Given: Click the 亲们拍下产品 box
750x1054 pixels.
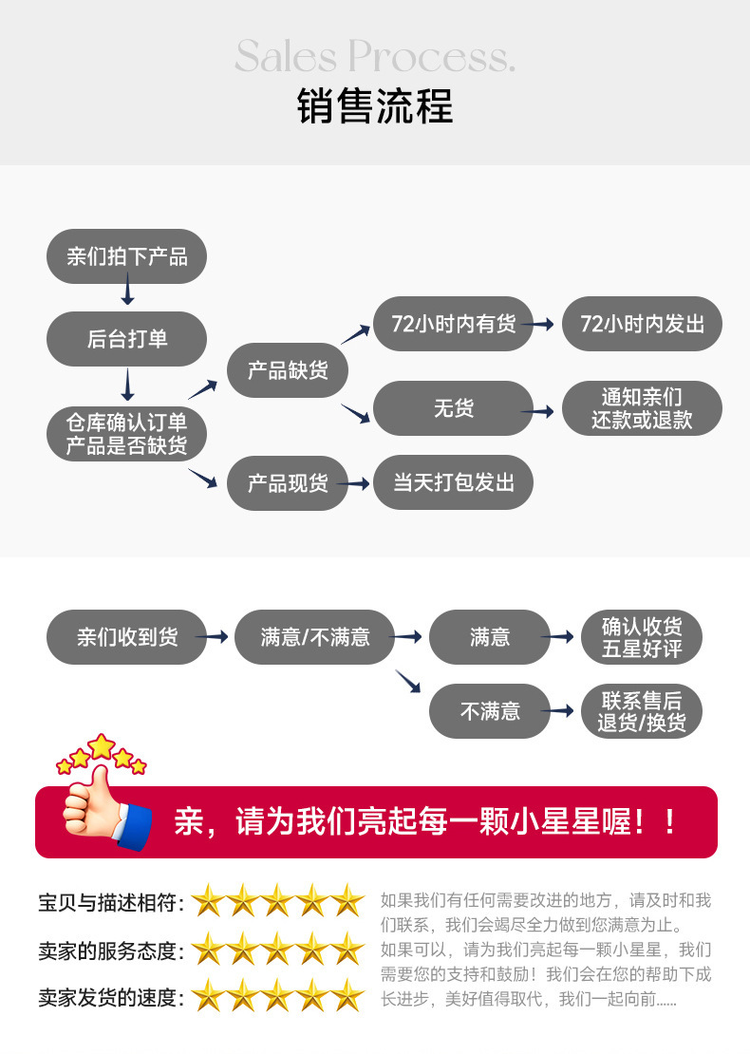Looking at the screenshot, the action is coord(126,256).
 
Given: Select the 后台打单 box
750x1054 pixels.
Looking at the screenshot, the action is coord(126,339).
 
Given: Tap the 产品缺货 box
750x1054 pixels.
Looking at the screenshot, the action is coord(287,370).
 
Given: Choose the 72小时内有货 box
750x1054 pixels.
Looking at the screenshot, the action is coord(453,324).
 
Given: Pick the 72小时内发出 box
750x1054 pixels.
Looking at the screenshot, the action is coord(642,324).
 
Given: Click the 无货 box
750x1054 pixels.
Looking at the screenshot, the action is coord(453,408).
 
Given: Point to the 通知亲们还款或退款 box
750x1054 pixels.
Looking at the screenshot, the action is coord(642,408).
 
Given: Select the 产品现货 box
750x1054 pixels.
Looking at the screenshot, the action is coord(287,483).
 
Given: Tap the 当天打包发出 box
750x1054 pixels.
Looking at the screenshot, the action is coord(453,482).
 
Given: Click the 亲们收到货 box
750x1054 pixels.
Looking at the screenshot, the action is coord(126,637).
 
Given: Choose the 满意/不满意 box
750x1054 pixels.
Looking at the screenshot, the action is coord(314,637).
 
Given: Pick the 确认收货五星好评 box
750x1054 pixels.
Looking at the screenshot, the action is coord(642,637).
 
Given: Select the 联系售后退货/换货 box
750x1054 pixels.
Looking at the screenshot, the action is coord(642,711).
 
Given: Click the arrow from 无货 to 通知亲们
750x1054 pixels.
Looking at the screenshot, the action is coord(543,411).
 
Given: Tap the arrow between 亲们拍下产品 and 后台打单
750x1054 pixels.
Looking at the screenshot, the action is coord(127,290).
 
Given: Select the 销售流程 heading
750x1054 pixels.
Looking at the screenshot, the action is coord(375,105).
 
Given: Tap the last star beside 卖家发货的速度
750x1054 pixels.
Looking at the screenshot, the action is coord(347,996).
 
